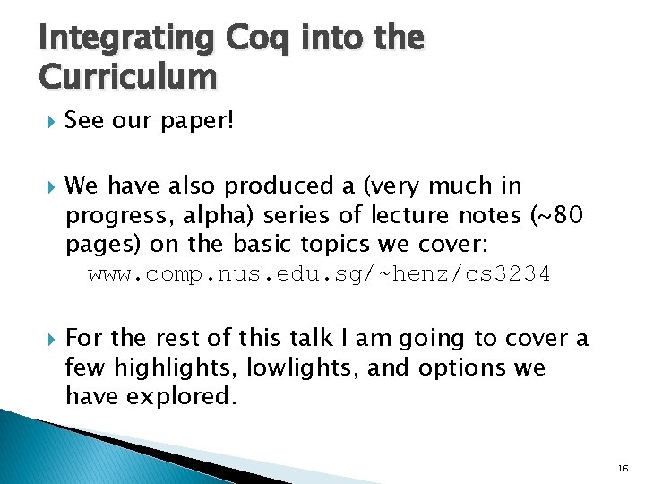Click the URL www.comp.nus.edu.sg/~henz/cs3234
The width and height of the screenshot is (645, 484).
point(319,273)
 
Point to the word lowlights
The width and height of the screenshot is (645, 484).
point(292,368)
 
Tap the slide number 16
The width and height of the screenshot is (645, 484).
point(623,468)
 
